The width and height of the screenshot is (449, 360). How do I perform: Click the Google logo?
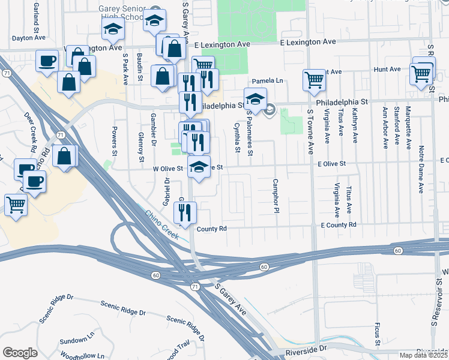pos(20,352)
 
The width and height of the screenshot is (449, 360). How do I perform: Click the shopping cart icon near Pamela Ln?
pos(315,80)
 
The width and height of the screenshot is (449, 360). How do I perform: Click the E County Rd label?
pos(339,224)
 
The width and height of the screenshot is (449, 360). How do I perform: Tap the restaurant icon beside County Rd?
pos(185,212)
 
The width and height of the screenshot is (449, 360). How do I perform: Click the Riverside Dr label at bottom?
pos(306,347)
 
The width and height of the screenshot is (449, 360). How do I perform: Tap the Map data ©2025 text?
pos(423,355)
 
